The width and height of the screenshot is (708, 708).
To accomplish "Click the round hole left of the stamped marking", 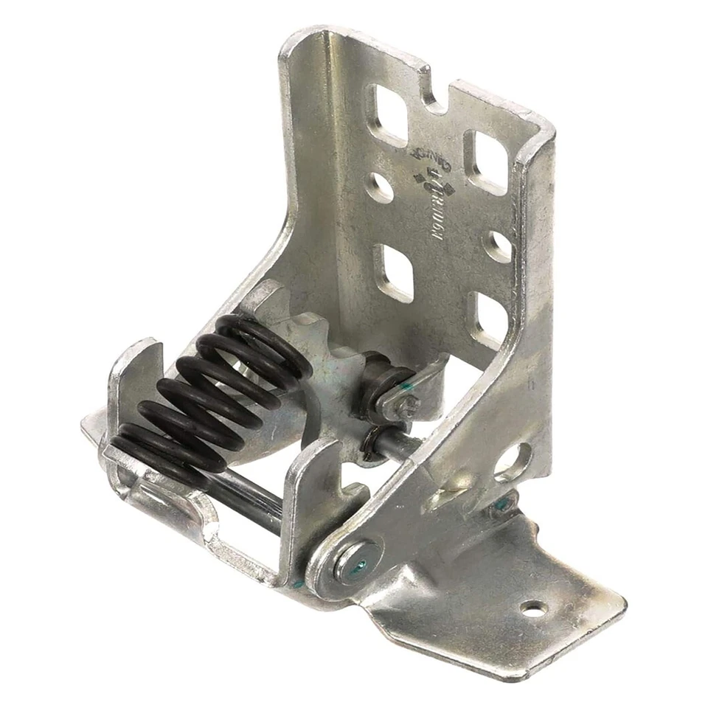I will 381,187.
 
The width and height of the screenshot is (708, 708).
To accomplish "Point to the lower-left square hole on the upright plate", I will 395,272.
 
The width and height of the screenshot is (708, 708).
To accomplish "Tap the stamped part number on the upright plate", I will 441,214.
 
